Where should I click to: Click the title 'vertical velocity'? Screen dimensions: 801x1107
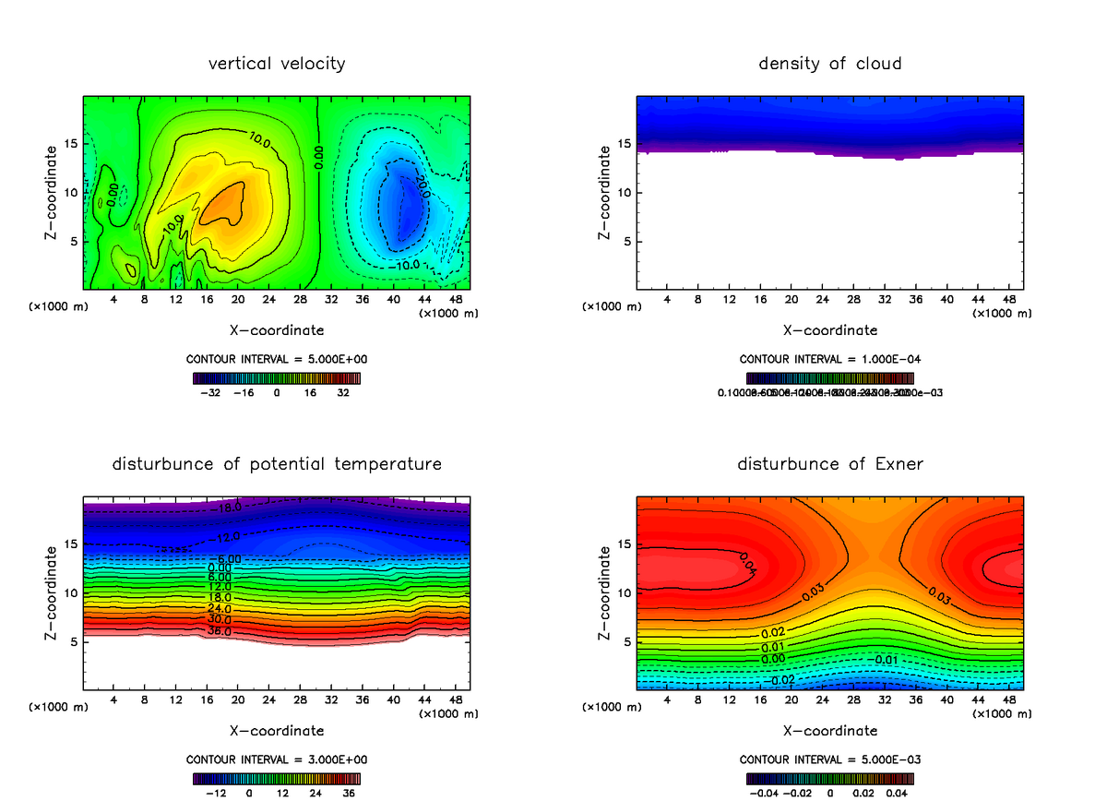point(277,64)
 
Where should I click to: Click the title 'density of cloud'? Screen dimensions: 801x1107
point(830,64)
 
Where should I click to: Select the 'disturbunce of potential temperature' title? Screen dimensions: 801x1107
point(277,463)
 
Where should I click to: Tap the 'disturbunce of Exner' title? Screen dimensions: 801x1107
point(830,463)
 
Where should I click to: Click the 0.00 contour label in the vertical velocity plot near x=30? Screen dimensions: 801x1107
point(317,156)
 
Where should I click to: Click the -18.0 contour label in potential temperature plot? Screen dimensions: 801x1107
point(225,508)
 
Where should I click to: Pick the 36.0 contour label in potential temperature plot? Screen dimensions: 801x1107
point(220,632)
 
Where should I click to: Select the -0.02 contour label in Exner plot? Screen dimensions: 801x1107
point(782,680)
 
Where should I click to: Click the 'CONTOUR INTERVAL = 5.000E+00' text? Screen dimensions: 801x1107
point(277,359)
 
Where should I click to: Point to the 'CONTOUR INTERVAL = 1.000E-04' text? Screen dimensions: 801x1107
point(830,359)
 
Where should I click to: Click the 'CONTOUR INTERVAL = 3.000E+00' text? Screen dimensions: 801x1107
point(277,759)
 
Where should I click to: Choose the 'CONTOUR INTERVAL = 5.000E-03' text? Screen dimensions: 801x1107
point(830,759)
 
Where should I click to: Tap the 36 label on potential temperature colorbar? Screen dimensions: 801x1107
point(349,792)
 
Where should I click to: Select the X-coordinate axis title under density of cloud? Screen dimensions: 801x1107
point(830,329)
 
